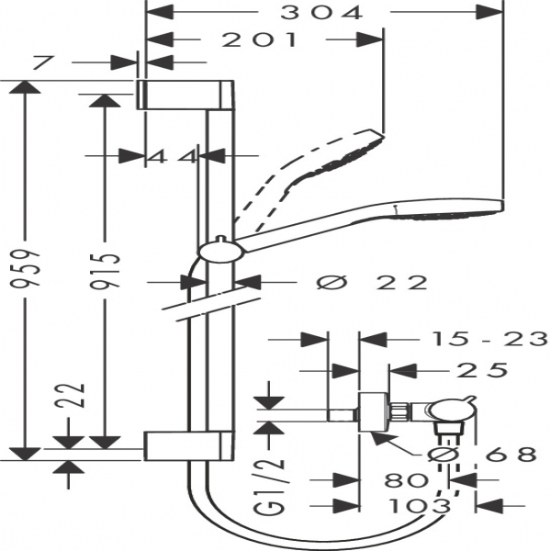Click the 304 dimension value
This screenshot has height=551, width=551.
320,13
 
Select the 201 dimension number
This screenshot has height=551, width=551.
260,39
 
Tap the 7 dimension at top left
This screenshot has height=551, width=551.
43,62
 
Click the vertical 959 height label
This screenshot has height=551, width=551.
25,269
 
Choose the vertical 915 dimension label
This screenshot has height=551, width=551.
105,271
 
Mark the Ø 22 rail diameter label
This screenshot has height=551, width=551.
373,282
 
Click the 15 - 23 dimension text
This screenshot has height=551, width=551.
489,339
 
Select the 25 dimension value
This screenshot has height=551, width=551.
482,370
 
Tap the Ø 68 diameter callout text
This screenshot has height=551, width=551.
482,455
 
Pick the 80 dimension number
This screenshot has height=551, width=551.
407,479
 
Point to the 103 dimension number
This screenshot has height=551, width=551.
421,506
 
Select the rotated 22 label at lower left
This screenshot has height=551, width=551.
70,395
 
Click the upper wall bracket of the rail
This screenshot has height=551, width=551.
186,95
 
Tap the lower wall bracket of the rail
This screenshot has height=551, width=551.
188,445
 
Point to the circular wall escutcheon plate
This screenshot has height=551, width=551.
374,411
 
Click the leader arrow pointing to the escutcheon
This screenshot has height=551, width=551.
397,444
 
